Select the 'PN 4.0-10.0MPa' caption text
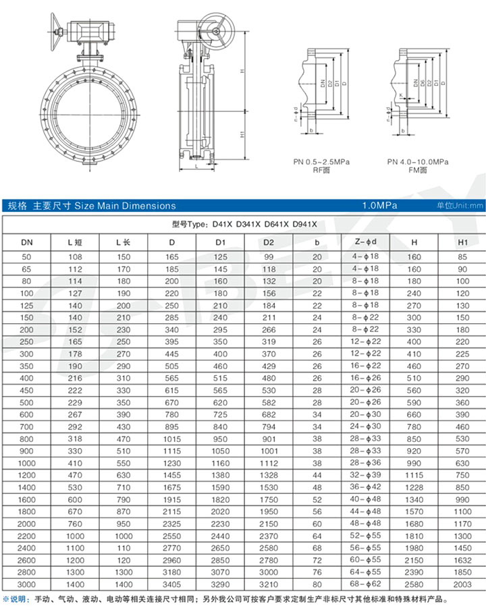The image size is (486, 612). tap(418, 162)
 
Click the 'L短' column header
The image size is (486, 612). tap(75, 242)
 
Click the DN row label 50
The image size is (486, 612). tap(26, 257)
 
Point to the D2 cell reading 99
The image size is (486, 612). tap(269, 257)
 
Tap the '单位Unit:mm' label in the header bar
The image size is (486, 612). tap(460, 206)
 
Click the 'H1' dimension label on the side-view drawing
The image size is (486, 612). tap(241, 134)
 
